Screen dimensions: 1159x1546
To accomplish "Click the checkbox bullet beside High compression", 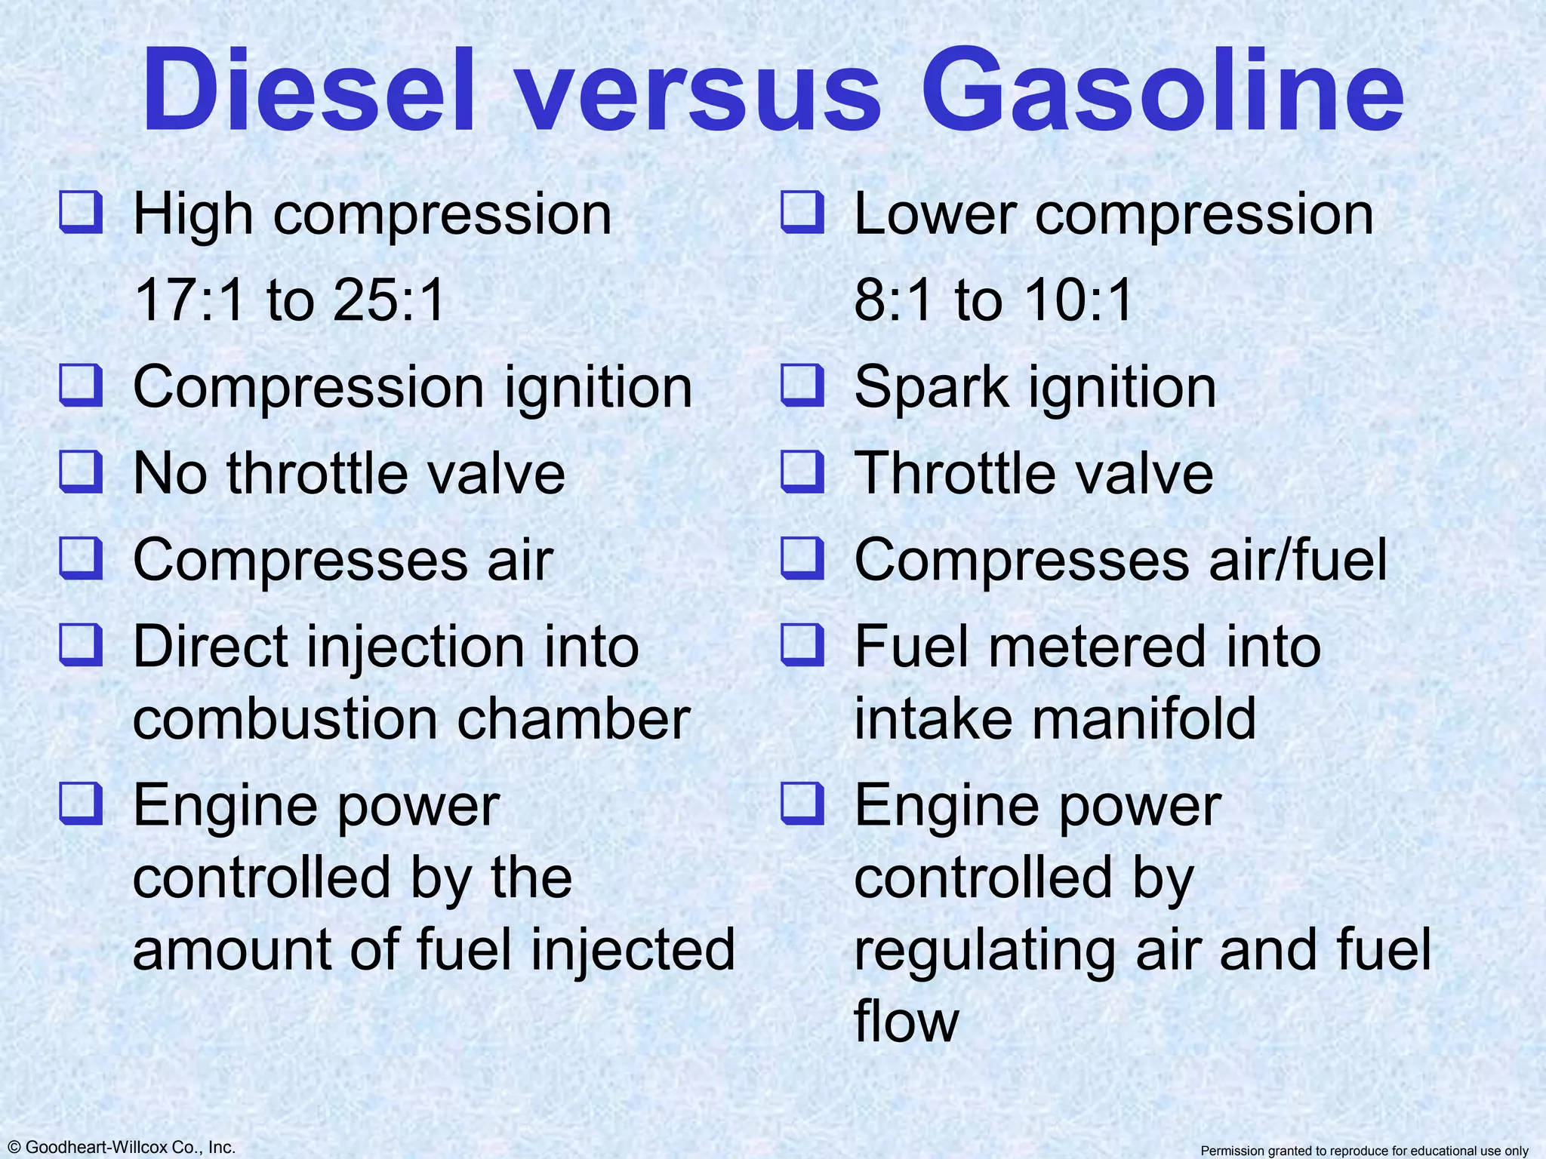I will click(81, 212).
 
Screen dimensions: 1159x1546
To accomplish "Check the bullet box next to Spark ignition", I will click(802, 385).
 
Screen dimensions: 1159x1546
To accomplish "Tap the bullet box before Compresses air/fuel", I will click(802, 558).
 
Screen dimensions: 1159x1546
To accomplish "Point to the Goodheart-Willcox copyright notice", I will click(119, 1147).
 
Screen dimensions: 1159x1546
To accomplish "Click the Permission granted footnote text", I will click(1364, 1151).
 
